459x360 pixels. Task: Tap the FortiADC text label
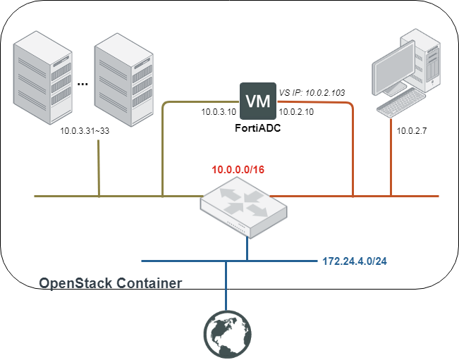tap(255, 130)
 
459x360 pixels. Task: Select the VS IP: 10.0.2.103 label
tap(311, 92)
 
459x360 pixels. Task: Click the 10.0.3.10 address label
tap(218, 112)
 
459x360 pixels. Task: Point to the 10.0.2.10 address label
tap(296, 112)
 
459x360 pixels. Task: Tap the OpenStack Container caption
tap(111, 283)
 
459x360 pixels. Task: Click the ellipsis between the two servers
tap(82, 84)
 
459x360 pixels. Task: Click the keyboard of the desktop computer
tap(398, 108)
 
